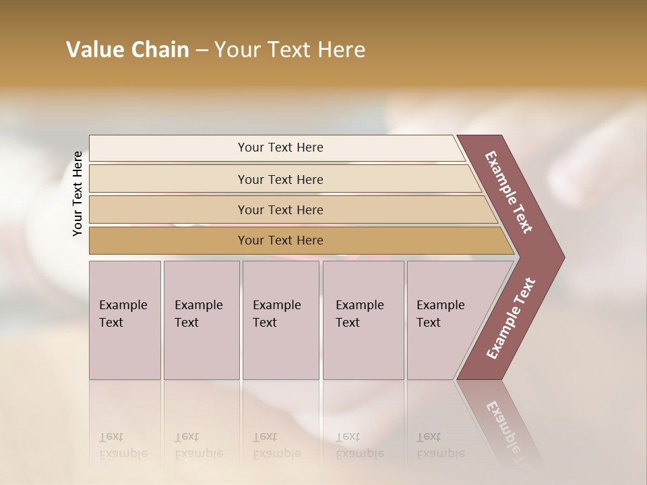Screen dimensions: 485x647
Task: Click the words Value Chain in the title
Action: pyautogui.click(x=127, y=50)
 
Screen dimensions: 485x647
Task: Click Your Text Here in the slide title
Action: pyautogui.click(x=290, y=50)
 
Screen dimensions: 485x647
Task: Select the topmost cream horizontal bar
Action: pyautogui.click(x=168, y=148)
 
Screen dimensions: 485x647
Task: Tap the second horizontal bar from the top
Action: pyautogui.click(x=168, y=179)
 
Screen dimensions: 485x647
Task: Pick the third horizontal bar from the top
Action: pyautogui.click(x=168, y=209)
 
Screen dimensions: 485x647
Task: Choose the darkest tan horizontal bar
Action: pyautogui.click(x=168, y=240)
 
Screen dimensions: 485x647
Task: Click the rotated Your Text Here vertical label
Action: pyautogui.click(x=78, y=193)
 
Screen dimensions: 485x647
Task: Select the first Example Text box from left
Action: pyautogui.click(x=125, y=320)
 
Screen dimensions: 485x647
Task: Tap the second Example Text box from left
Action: pyautogui.click(x=201, y=320)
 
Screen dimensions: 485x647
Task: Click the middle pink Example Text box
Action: pyautogui.click(x=280, y=320)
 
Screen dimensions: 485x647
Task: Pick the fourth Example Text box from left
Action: pyautogui.click(x=363, y=320)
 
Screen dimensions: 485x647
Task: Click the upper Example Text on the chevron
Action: pyautogui.click(x=509, y=192)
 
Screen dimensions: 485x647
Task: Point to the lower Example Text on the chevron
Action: pyautogui.click(x=510, y=319)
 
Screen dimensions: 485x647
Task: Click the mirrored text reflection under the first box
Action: pyautogui.click(x=123, y=446)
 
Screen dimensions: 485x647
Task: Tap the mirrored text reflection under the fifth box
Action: pyautogui.click(x=440, y=446)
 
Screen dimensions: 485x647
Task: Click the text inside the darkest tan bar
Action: pyautogui.click(x=280, y=240)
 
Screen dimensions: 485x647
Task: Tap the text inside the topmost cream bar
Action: pyautogui.click(x=280, y=148)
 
